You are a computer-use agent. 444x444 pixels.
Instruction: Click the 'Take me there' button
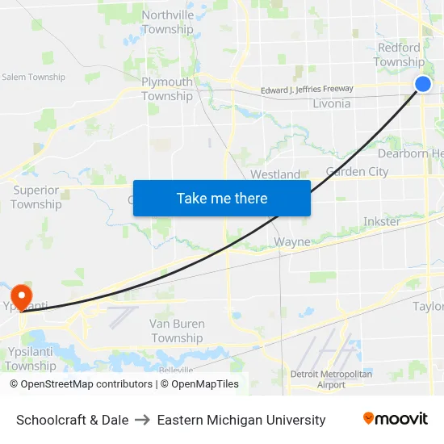tap(222, 199)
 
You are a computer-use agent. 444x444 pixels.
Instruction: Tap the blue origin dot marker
tap(423, 84)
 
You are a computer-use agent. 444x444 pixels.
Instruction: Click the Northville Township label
tap(168, 22)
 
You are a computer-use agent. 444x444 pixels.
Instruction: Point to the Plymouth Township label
tap(167, 89)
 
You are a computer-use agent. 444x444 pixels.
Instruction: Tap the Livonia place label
tap(331, 103)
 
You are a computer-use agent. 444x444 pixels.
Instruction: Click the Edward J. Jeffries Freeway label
tap(307, 90)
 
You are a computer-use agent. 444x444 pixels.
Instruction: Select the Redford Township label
tap(399, 55)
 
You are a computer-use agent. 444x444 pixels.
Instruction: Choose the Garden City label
tap(357, 171)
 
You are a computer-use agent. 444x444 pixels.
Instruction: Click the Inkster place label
tap(382, 221)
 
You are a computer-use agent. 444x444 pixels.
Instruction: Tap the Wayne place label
tap(292, 241)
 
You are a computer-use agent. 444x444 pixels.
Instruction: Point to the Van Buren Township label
tap(177, 331)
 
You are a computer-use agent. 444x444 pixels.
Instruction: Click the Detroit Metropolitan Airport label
tap(331, 379)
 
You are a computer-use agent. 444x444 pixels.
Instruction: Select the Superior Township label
tap(36, 197)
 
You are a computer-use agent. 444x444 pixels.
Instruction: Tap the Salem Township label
tap(33, 77)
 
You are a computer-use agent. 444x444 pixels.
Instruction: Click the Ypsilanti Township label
tap(31, 358)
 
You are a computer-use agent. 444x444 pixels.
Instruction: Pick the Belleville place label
tap(176, 369)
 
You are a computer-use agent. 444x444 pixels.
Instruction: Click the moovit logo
tap(396, 418)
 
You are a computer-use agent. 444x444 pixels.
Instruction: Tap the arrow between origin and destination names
tap(143, 420)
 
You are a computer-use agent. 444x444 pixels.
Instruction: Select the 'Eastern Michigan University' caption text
tap(241, 420)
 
